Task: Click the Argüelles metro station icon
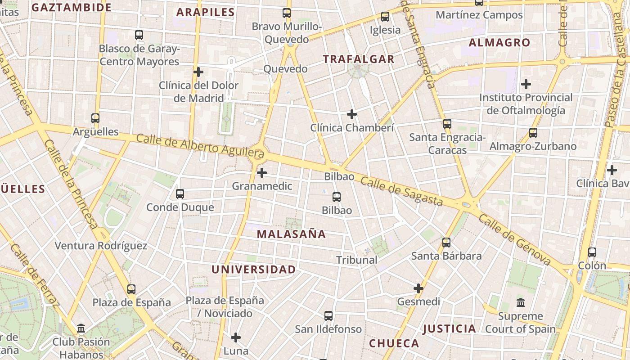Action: point(95,118)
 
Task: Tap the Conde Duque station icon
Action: point(180,194)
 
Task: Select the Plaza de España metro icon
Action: point(131,289)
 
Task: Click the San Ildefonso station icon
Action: point(328,316)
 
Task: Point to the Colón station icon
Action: point(592,252)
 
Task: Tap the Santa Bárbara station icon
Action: point(446,243)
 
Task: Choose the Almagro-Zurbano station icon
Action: point(533,133)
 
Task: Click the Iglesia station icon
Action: point(385,17)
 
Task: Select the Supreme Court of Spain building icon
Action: point(521,302)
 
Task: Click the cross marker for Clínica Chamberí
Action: point(352,114)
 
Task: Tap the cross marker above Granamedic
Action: point(262,172)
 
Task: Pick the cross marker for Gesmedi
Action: point(418,288)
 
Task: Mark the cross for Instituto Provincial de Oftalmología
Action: point(526,84)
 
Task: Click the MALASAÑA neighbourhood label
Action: point(291,234)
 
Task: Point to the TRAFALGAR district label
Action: point(359,59)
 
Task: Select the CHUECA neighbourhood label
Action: point(394,343)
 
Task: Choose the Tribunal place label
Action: point(357,260)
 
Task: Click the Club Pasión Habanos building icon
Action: point(81,328)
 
